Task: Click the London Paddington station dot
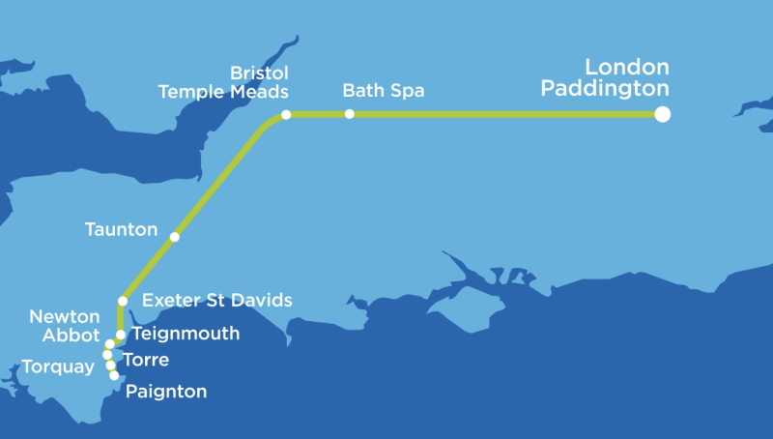click(x=662, y=114)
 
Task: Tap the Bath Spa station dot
click(x=350, y=114)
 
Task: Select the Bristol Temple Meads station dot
click(x=286, y=115)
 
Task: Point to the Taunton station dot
click(x=175, y=237)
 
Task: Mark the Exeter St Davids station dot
click(x=123, y=301)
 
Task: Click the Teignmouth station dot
click(x=121, y=335)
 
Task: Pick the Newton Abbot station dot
click(x=110, y=344)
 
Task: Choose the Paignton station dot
click(x=114, y=375)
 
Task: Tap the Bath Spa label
click(x=384, y=91)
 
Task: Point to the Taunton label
click(x=121, y=230)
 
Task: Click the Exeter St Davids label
click(x=216, y=300)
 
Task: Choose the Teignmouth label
click(x=185, y=334)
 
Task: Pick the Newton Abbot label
click(x=65, y=326)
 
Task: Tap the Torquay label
click(x=58, y=366)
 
